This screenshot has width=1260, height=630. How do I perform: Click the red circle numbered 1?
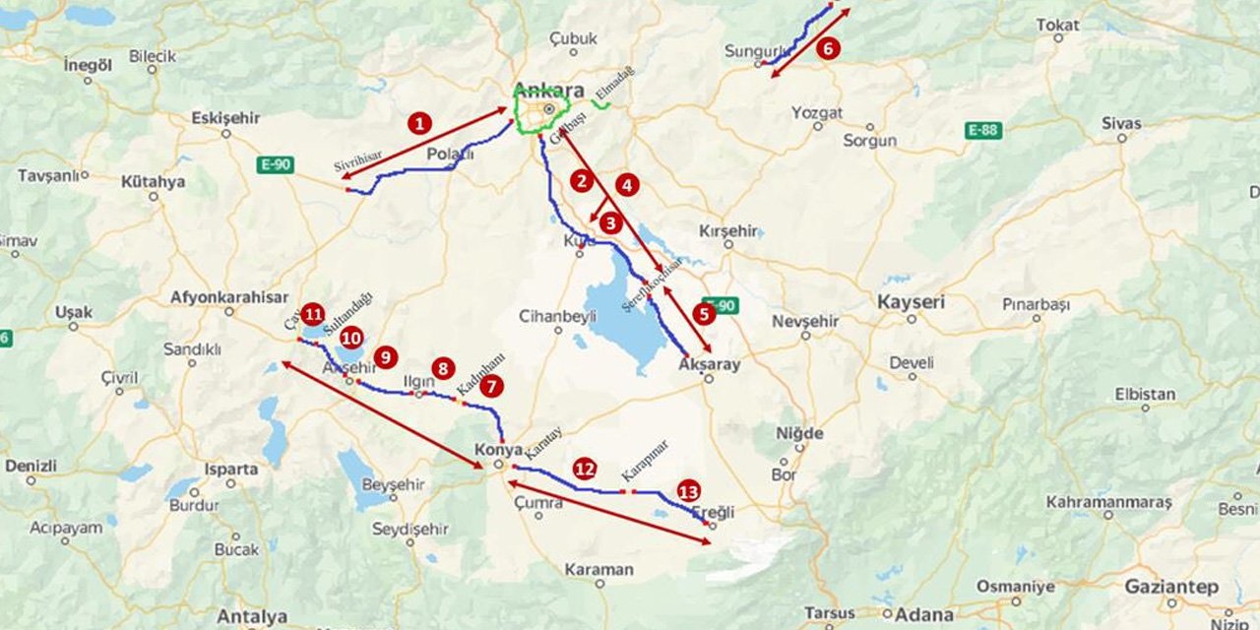420,123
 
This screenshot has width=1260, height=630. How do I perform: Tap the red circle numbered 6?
828,48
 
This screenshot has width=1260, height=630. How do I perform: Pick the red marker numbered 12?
586,469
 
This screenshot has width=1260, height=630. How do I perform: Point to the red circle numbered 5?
704,314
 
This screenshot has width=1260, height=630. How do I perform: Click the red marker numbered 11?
313,314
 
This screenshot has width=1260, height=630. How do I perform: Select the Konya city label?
498,450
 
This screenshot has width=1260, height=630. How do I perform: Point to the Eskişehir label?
225,118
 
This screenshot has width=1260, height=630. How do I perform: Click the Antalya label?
252,617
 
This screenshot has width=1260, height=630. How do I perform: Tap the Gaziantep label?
1171,587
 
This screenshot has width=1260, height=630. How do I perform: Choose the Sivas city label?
1121,123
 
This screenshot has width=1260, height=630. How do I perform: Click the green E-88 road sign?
983,130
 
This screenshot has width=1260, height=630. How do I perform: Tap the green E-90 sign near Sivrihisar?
276,164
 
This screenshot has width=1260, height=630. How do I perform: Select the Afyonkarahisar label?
229,296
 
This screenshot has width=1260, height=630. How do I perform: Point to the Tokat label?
1057,25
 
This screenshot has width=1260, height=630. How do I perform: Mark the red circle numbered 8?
443,368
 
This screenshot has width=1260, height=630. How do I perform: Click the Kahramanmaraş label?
1108,502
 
